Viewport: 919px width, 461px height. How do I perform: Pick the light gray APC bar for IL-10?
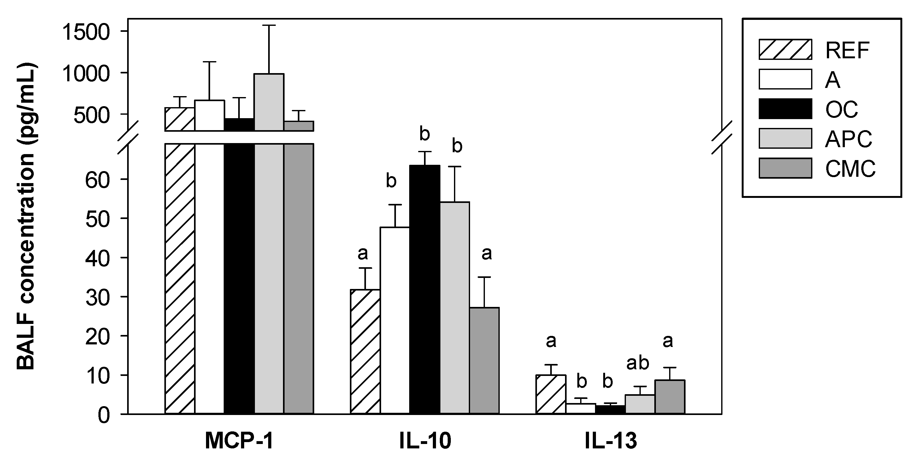click(455, 308)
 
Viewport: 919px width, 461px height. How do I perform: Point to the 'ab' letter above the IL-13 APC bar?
click(638, 363)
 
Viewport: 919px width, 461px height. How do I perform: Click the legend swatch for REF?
click(785, 49)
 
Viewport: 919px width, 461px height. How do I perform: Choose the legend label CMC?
click(850, 169)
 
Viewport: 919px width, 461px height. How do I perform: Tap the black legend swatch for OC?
click(785, 109)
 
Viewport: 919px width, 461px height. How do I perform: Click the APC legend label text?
click(848, 139)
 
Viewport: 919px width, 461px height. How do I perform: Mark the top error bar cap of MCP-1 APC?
click(269, 25)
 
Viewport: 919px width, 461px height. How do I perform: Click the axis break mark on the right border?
click(722, 137)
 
